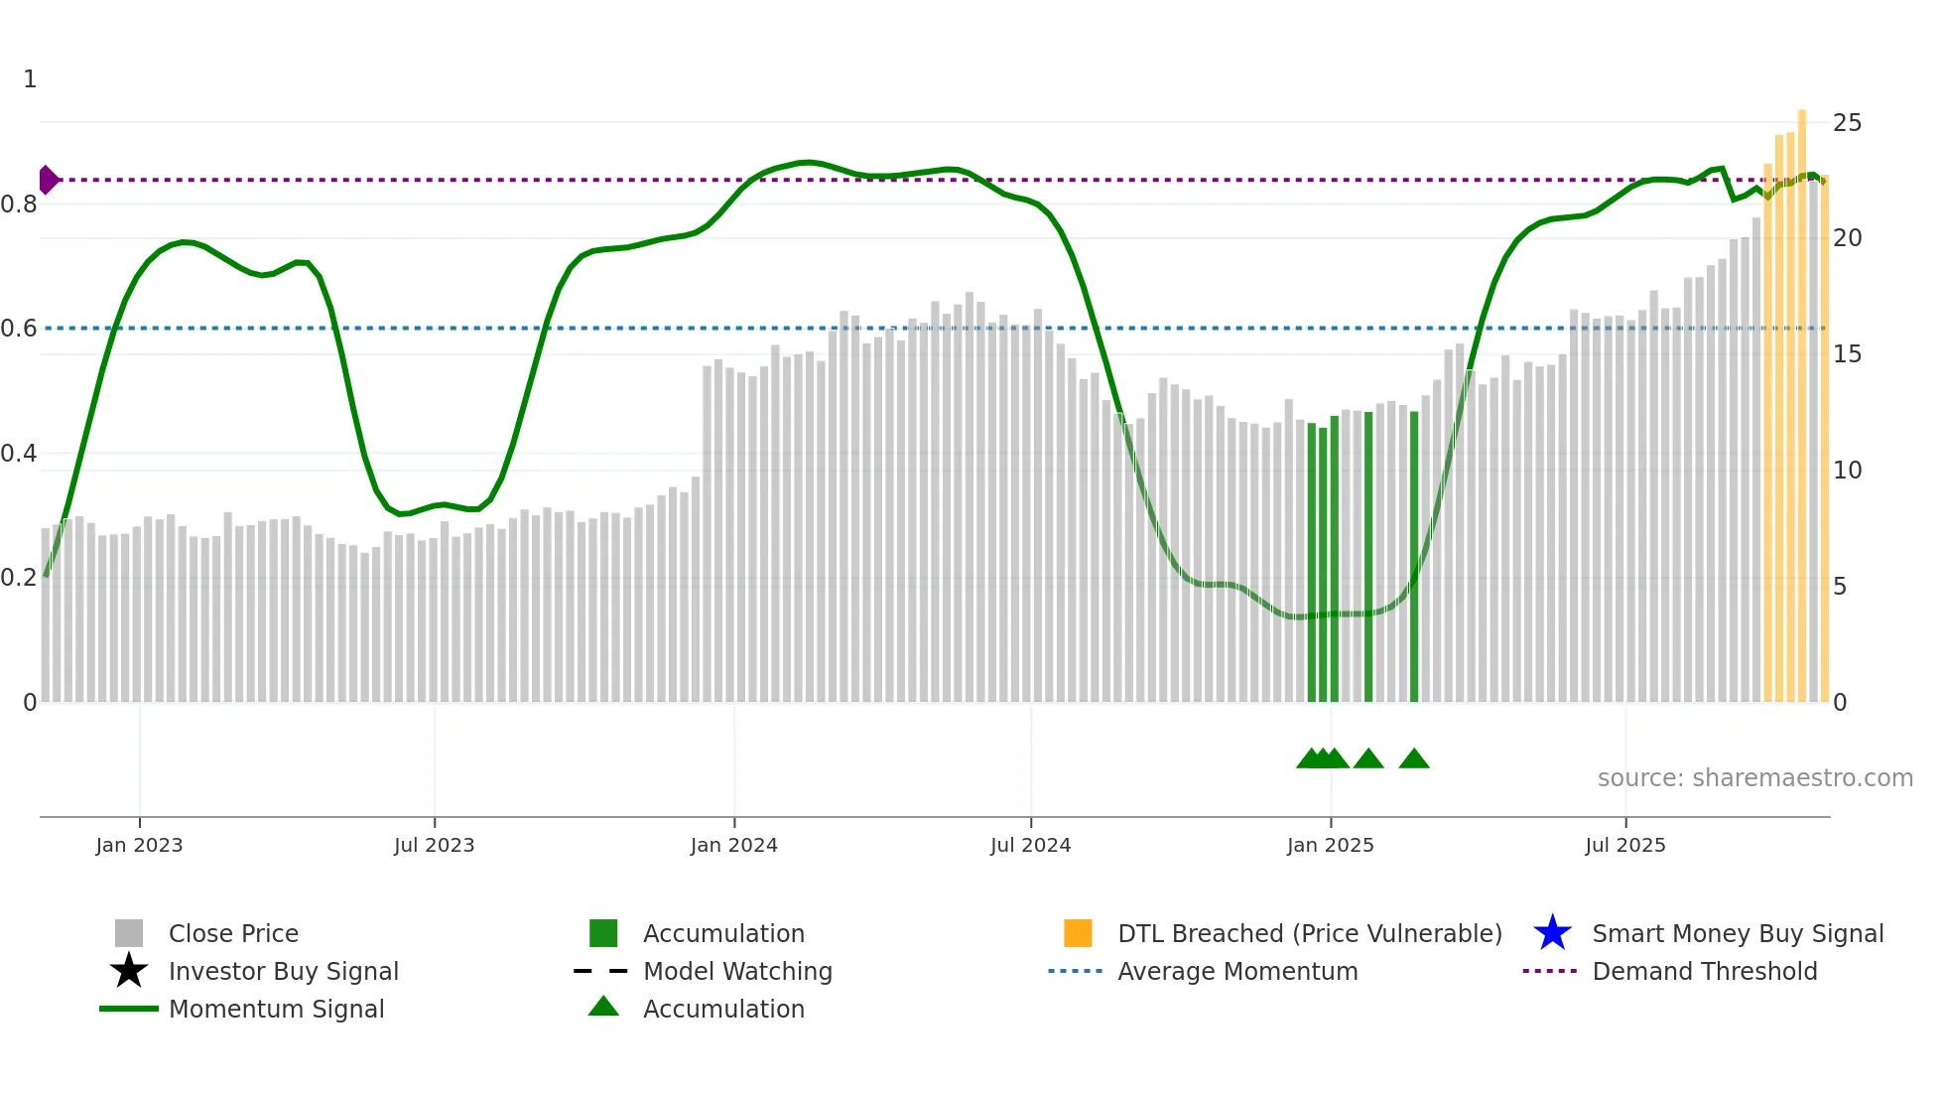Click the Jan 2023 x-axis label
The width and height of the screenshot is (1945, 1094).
click(x=139, y=845)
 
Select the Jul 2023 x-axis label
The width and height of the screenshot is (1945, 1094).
click(x=434, y=845)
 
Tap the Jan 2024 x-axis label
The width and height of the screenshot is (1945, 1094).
click(x=733, y=845)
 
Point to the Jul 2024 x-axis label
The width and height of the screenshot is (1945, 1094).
click(x=1030, y=845)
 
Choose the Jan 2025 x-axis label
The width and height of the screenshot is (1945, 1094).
click(x=1330, y=845)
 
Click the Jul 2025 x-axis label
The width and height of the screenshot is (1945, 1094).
click(x=1624, y=845)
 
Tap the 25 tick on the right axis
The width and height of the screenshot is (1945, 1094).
click(x=1847, y=123)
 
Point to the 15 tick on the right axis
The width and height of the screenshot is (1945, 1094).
click(x=1847, y=354)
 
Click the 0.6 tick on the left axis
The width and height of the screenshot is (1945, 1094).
click(x=19, y=329)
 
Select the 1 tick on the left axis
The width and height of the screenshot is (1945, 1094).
click(x=30, y=79)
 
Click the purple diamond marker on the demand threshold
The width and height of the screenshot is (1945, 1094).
click(x=48, y=180)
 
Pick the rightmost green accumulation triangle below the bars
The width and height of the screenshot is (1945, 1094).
click(x=1413, y=759)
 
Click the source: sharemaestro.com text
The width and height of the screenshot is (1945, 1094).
click(x=1754, y=778)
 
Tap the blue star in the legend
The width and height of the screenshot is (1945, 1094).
click(x=1552, y=933)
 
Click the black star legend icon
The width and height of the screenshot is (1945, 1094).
click(x=129, y=971)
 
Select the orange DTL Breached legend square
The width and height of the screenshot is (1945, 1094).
click(x=1078, y=933)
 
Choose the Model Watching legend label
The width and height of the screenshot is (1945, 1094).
click(x=737, y=971)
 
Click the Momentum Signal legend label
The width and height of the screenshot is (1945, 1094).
click(x=276, y=1009)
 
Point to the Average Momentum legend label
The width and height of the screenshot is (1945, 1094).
click(x=1237, y=971)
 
